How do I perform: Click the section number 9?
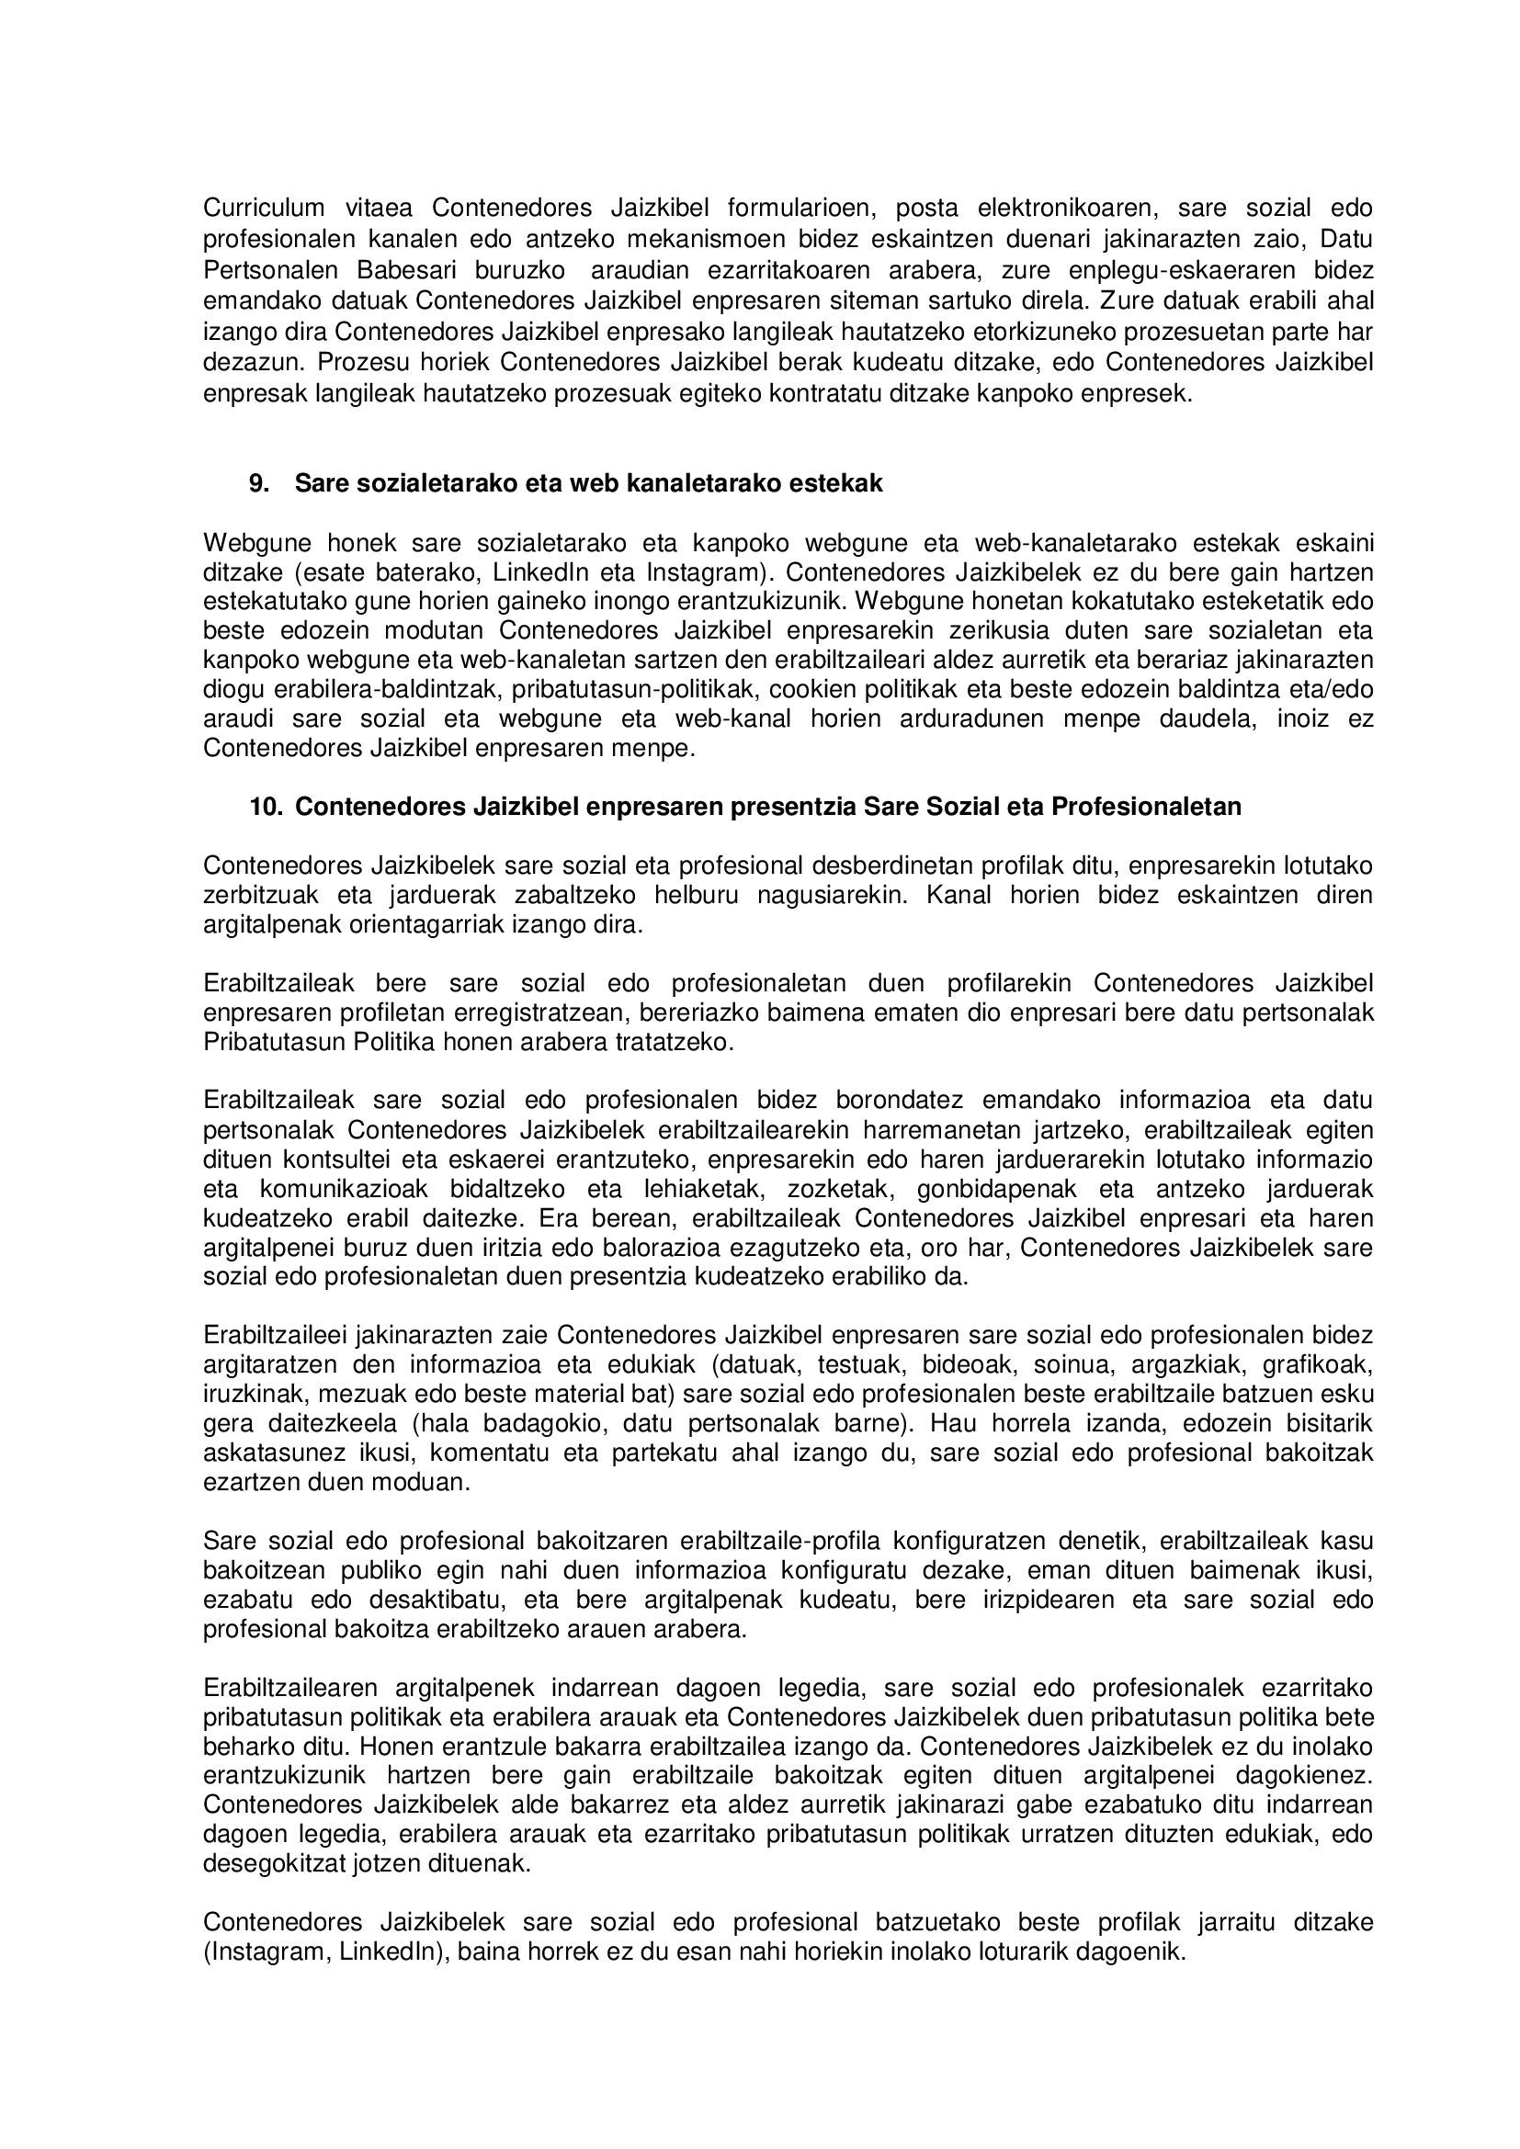[259, 483]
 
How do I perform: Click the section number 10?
[266, 806]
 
